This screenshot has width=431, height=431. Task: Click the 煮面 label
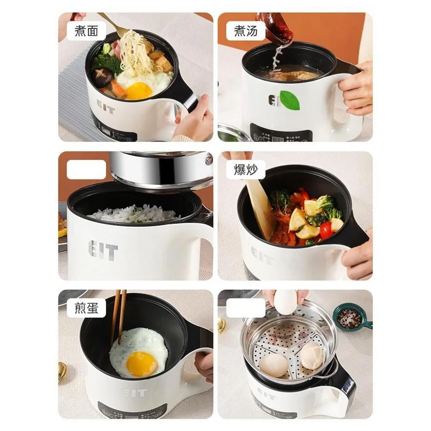(86, 31)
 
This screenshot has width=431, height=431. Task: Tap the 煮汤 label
(246, 31)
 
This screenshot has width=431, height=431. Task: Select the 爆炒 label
(246, 170)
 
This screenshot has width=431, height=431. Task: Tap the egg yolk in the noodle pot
(139, 90)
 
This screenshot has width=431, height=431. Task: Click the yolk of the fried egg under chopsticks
(141, 364)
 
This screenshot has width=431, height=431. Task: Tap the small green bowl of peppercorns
(350, 317)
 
